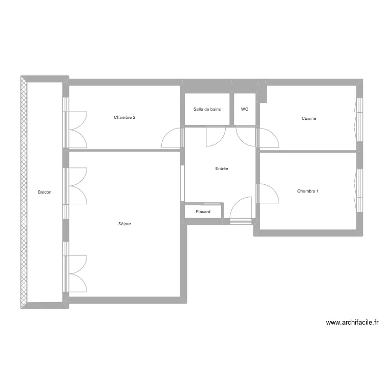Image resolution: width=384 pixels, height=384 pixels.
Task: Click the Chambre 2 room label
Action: pos(124,118)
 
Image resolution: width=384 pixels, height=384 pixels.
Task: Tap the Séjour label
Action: pos(125,224)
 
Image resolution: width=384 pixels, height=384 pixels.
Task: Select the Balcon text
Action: pos(45,193)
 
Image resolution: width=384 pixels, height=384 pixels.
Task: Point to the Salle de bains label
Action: pos(207,109)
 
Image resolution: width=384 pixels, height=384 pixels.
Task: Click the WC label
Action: pos(245,109)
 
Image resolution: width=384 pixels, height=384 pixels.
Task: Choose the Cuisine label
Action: pos(309,118)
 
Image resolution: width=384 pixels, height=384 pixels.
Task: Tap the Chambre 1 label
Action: pos(308,191)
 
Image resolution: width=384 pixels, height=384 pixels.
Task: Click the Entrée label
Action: pos(222,168)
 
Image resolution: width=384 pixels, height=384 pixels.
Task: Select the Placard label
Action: pos(203,211)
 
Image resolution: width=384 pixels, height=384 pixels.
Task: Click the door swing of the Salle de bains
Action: pos(215,136)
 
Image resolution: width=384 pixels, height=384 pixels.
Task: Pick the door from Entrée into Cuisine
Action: pos(268,138)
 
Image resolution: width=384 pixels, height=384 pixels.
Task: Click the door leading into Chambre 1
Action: pos(268,194)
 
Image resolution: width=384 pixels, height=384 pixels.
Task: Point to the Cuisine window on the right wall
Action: pos(358,119)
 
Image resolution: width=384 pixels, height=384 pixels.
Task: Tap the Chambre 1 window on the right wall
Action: pos(358,189)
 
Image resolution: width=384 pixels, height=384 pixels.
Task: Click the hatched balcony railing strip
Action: pos(24,193)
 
